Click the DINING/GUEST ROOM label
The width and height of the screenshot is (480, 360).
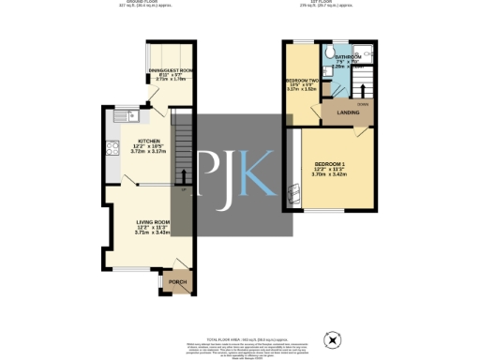point(170,69)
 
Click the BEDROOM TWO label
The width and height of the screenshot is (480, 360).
point(301,82)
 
